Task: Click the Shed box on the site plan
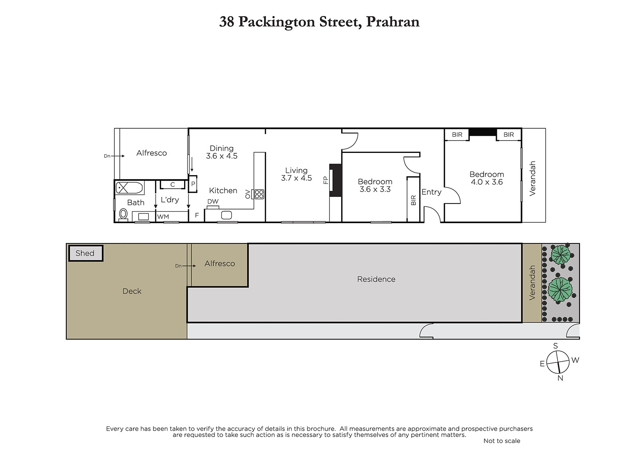pyautogui.click(x=85, y=253)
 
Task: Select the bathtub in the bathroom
pyautogui.click(x=129, y=188)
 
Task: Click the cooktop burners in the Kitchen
pyautogui.click(x=259, y=194)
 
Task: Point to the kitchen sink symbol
pyautogui.click(x=226, y=215)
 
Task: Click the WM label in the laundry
pyautogui.click(x=163, y=217)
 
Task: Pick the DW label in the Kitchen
pyautogui.click(x=213, y=202)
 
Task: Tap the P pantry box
pyautogui.click(x=193, y=184)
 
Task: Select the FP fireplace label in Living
pyautogui.click(x=326, y=180)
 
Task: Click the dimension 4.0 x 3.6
pyautogui.click(x=487, y=182)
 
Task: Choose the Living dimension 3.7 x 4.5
pyautogui.click(x=296, y=178)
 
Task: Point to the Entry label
pyautogui.click(x=431, y=192)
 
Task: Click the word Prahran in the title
pyautogui.click(x=393, y=22)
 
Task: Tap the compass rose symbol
pyautogui.click(x=558, y=362)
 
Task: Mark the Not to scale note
pyautogui.click(x=502, y=441)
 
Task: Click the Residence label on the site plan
pyautogui.click(x=376, y=279)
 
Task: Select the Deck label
pyautogui.click(x=132, y=291)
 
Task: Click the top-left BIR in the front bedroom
pyautogui.click(x=457, y=135)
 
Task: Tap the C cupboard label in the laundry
pyautogui.click(x=172, y=185)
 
